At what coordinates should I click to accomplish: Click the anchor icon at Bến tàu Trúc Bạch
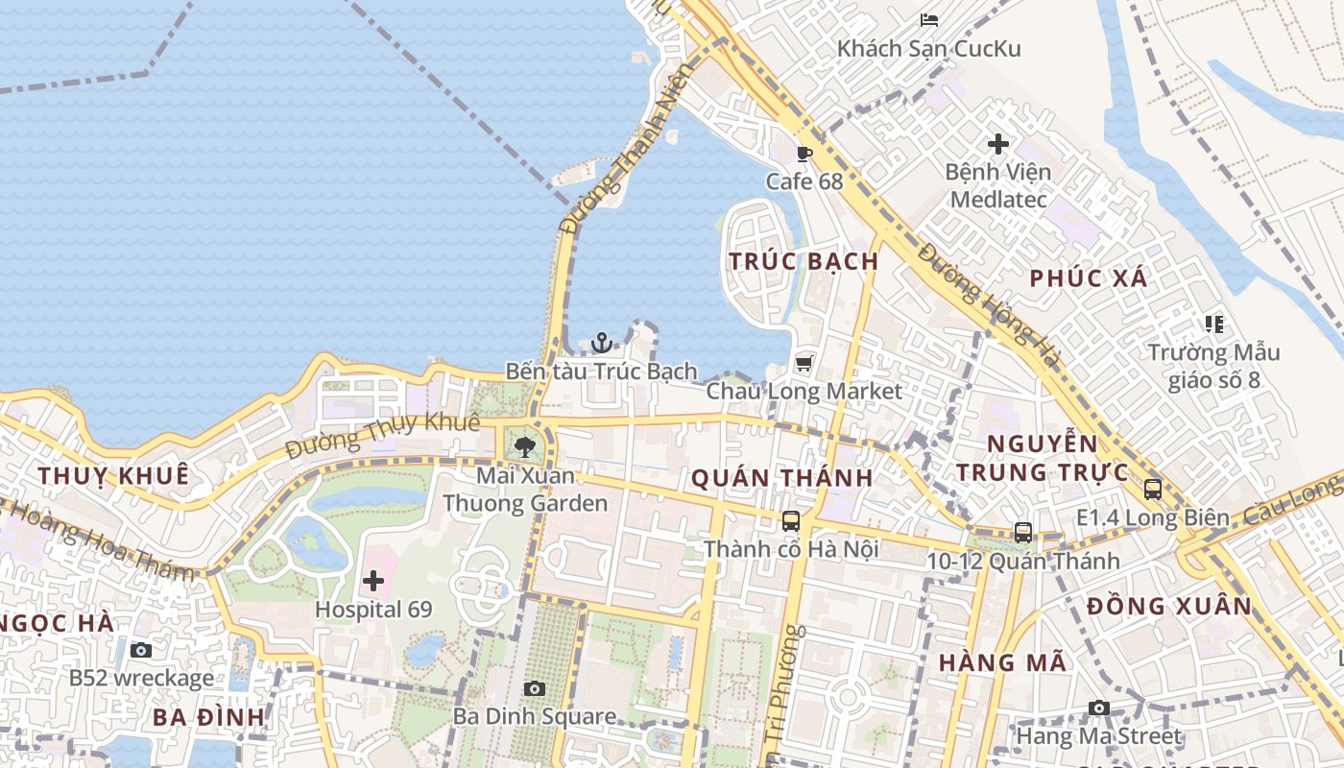[x=601, y=343]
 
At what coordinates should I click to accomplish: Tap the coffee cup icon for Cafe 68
[x=804, y=154]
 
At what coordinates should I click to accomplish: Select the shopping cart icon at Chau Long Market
[x=804, y=363]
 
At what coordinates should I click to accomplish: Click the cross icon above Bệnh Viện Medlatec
[x=998, y=144]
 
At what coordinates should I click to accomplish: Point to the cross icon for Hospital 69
[x=373, y=581]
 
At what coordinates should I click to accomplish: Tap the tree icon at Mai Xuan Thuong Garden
[x=524, y=446]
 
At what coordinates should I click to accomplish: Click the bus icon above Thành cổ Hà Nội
[x=791, y=521]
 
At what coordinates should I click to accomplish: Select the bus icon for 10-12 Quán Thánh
[x=1023, y=533]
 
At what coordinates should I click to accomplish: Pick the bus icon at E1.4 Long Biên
[x=1153, y=489]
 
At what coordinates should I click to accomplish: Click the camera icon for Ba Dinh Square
[x=535, y=688]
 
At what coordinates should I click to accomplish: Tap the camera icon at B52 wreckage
[x=141, y=651]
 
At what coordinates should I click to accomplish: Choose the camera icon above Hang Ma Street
[x=1099, y=708]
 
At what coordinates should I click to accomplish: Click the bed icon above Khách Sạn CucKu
[x=928, y=19]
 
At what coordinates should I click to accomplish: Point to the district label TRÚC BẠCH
[x=804, y=261]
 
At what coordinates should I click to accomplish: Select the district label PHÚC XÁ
[x=1088, y=278]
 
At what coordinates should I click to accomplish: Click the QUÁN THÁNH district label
[x=781, y=477]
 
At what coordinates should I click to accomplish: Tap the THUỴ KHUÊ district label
[x=113, y=475]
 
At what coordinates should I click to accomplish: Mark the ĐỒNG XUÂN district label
[x=1169, y=606]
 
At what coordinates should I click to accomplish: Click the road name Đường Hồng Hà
[x=989, y=305]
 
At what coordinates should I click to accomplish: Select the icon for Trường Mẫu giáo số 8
[x=1214, y=324]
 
